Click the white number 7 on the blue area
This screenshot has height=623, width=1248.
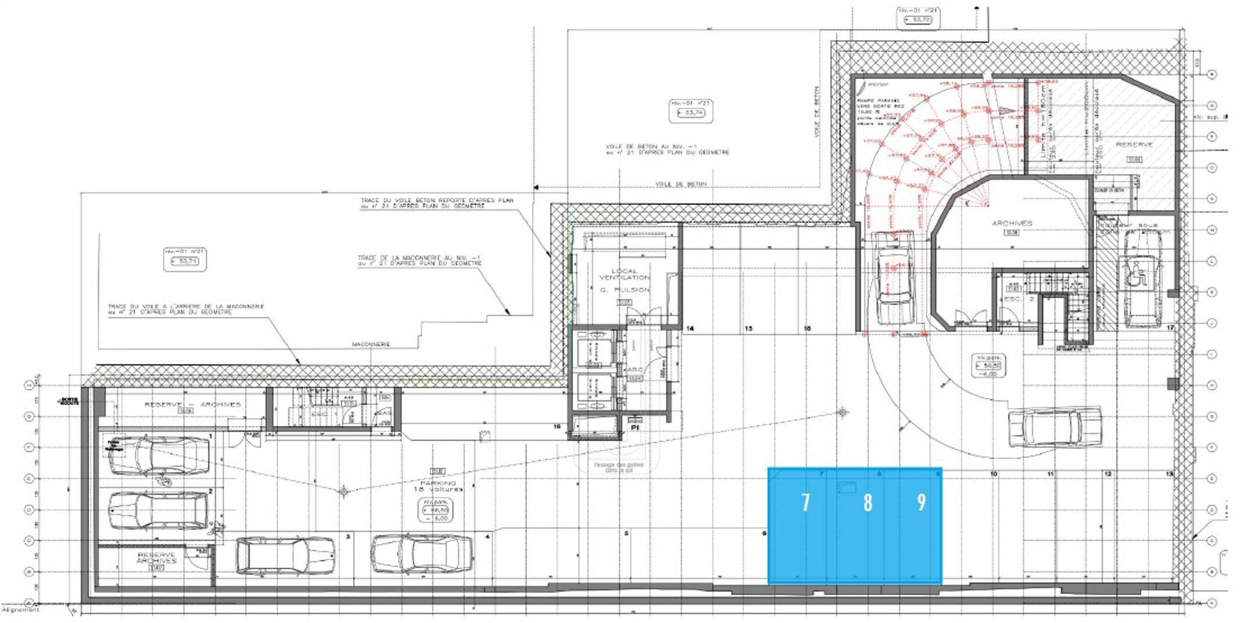click(x=805, y=502)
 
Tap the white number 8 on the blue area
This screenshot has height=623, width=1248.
click(x=867, y=502)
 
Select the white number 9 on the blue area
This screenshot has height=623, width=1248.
click(x=921, y=502)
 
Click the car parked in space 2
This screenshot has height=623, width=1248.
click(x=157, y=510)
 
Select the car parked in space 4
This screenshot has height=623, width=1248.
click(x=422, y=553)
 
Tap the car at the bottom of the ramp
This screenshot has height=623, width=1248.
click(x=894, y=278)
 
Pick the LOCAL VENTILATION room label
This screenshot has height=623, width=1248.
click(x=624, y=274)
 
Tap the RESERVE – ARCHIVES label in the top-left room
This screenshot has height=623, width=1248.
click(x=193, y=404)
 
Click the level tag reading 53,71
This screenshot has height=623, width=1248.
click(x=185, y=261)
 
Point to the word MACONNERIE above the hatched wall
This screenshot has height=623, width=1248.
click(x=370, y=344)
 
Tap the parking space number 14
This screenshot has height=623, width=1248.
click(x=689, y=329)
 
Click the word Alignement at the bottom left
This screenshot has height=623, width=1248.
click(x=20, y=609)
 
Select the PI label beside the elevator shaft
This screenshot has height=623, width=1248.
click(x=634, y=427)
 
